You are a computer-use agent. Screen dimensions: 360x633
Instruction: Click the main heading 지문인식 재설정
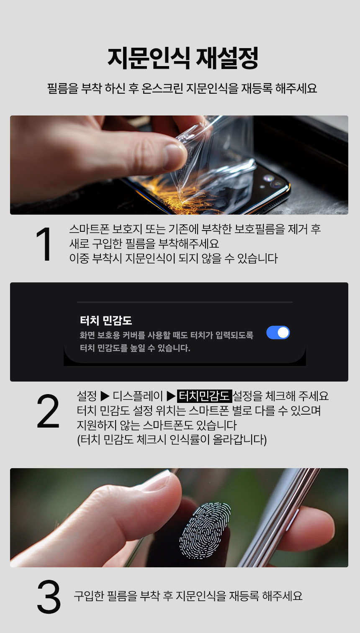click(183, 59)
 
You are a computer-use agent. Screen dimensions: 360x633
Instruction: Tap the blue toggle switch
click(278, 333)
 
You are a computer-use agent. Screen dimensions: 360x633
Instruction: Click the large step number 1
click(44, 244)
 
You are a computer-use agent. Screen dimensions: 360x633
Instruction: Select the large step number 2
click(48, 411)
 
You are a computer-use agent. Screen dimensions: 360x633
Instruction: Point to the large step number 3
click(49, 596)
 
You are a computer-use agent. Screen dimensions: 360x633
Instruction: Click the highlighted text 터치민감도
click(204, 396)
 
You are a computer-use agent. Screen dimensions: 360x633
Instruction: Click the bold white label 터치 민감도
click(106, 320)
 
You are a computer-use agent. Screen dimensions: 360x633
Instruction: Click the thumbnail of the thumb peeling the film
click(179, 165)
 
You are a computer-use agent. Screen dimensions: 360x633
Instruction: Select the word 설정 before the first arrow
click(87, 396)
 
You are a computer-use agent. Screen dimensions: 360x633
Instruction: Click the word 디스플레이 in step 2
click(138, 396)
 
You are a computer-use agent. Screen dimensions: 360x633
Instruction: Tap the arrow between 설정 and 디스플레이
click(105, 396)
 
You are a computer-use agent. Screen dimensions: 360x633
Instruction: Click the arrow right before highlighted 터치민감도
click(171, 396)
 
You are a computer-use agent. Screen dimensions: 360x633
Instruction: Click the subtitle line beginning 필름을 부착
click(182, 88)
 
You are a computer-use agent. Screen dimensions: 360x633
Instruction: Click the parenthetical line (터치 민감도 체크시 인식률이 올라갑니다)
click(172, 440)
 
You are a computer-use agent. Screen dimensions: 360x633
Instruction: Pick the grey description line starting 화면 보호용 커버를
click(167, 335)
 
